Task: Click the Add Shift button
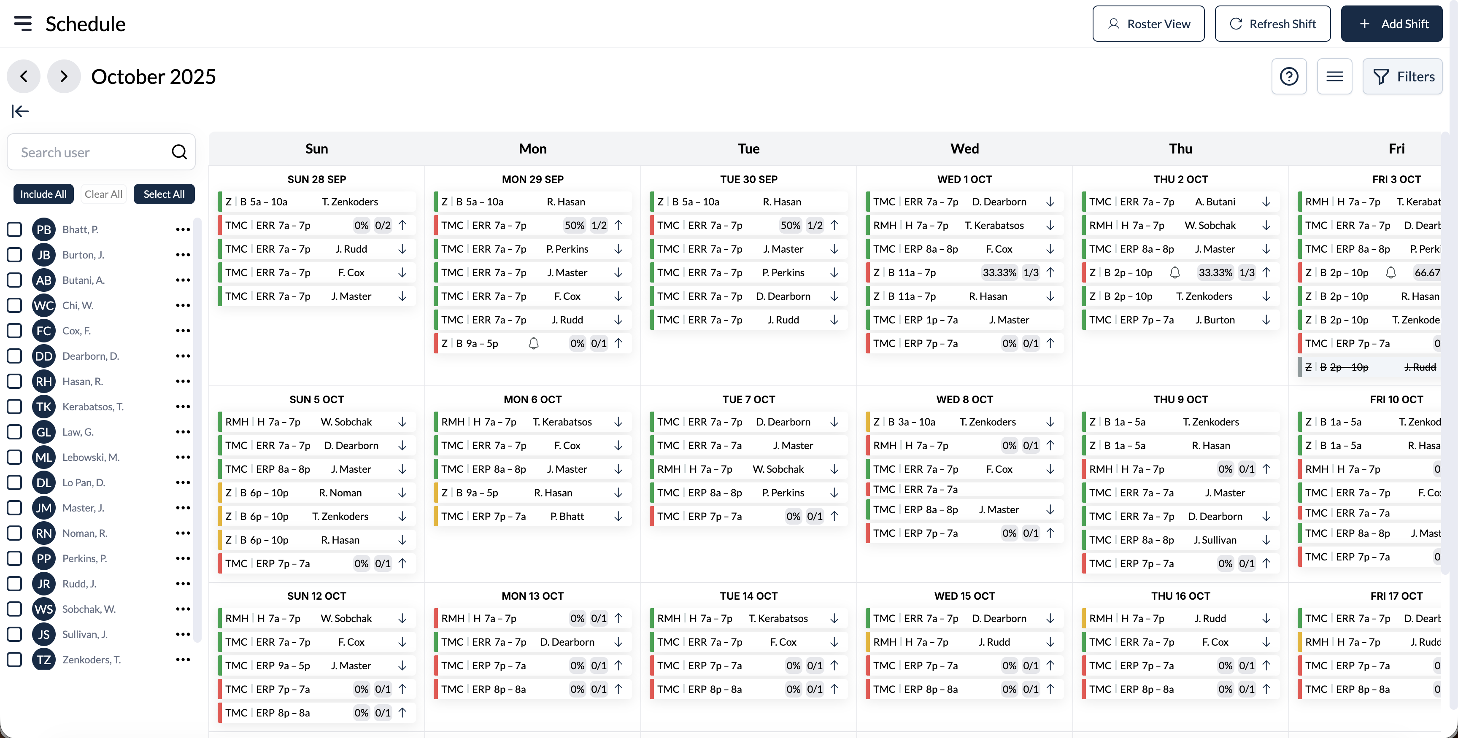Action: [x=1391, y=24]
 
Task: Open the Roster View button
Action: [x=1148, y=24]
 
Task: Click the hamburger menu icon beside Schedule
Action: [x=23, y=23]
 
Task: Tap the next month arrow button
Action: [x=63, y=76]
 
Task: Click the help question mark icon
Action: [x=1289, y=76]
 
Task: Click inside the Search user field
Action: [x=91, y=152]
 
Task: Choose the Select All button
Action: [x=164, y=194]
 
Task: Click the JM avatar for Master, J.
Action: [x=43, y=508]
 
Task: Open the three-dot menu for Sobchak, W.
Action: [x=183, y=609]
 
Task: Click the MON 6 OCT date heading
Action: [x=532, y=399]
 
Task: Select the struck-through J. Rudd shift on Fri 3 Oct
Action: [x=1370, y=367]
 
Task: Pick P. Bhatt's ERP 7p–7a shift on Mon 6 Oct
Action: [x=532, y=517]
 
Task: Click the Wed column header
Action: [x=964, y=149]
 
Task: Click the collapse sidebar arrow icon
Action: [x=20, y=111]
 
